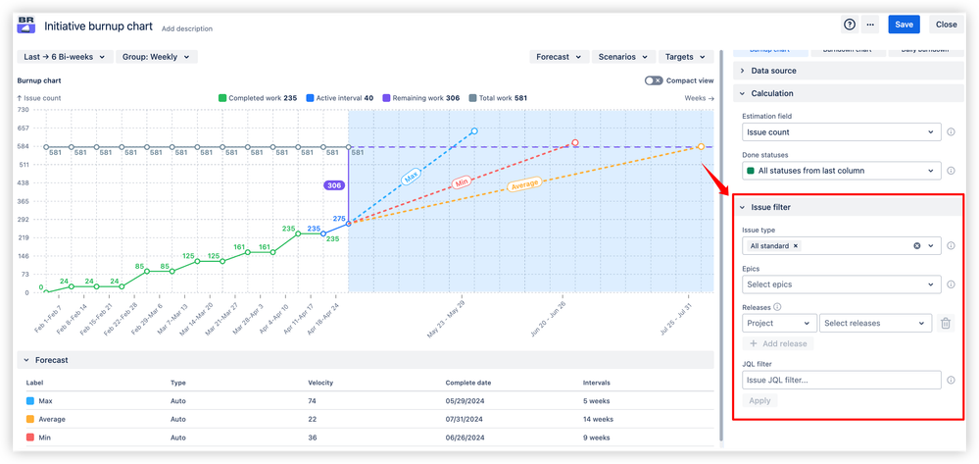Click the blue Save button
904,25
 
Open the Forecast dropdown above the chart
559,57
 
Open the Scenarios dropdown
623,57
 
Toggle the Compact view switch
654,80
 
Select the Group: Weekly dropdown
156,57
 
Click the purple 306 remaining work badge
333,184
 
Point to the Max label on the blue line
411,177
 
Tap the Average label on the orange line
523,184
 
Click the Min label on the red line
463,183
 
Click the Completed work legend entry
258,98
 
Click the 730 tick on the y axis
24,111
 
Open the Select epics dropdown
841,284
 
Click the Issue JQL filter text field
841,380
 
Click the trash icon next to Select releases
945,323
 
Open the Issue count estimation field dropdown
841,131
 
